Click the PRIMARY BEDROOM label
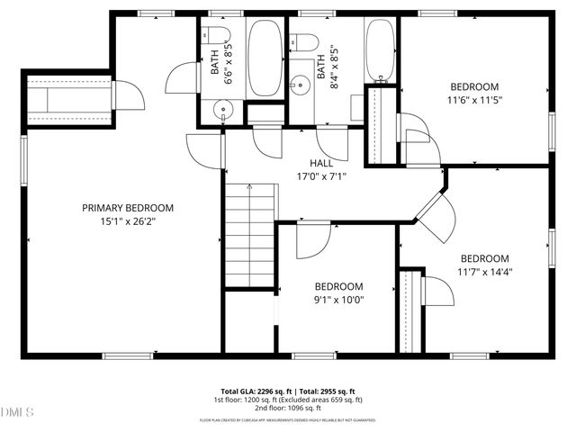(x=128, y=208)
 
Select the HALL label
(x=321, y=164)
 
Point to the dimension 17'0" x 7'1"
(x=321, y=176)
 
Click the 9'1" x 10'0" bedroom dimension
(x=338, y=299)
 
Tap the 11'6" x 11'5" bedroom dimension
(x=475, y=100)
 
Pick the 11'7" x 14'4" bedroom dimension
(x=485, y=271)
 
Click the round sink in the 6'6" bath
(x=222, y=110)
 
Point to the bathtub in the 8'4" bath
(x=378, y=50)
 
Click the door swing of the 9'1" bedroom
(x=311, y=239)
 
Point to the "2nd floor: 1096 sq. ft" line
(x=288, y=408)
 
